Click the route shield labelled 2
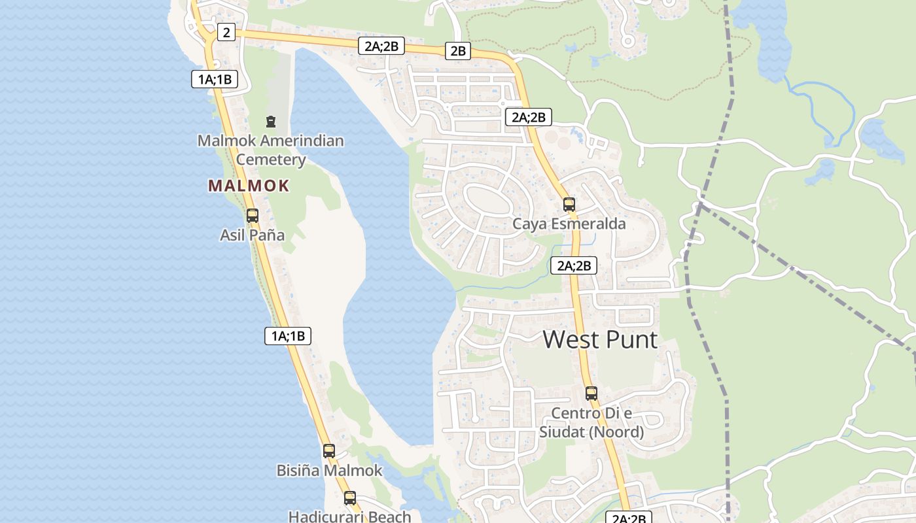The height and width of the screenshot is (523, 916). tap(226, 32)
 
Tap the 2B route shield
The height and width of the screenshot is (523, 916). tap(458, 50)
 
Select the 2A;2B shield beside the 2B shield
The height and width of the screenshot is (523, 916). tap(382, 46)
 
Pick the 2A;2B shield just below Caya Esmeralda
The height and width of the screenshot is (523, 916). tap(574, 265)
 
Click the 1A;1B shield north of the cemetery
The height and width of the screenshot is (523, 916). tap(215, 80)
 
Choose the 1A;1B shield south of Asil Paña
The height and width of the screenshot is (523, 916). tap(288, 336)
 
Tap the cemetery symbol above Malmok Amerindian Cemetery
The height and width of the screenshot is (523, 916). tap(270, 121)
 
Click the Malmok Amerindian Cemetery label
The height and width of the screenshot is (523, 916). tap(271, 150)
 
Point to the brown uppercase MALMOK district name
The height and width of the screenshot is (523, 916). tap(249, 186)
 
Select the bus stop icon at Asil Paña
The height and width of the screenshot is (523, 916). tap(253, 215)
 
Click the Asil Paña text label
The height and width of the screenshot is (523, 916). tap(253, 235)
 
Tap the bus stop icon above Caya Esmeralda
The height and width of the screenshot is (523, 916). tap(569, 204)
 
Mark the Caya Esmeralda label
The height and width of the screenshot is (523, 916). tap(569, 224)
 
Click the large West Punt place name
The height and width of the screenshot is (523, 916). tap(600, 340)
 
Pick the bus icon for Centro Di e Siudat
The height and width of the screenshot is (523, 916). tap(591, 393)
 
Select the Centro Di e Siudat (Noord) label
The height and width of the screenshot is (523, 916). tap(591, 422)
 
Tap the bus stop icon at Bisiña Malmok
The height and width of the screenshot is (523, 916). tap(329, 450)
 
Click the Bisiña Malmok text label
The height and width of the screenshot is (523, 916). tap(329, 470)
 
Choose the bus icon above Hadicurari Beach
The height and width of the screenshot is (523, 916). tap(350, 498)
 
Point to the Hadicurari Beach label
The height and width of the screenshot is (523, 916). tap(350, 516)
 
